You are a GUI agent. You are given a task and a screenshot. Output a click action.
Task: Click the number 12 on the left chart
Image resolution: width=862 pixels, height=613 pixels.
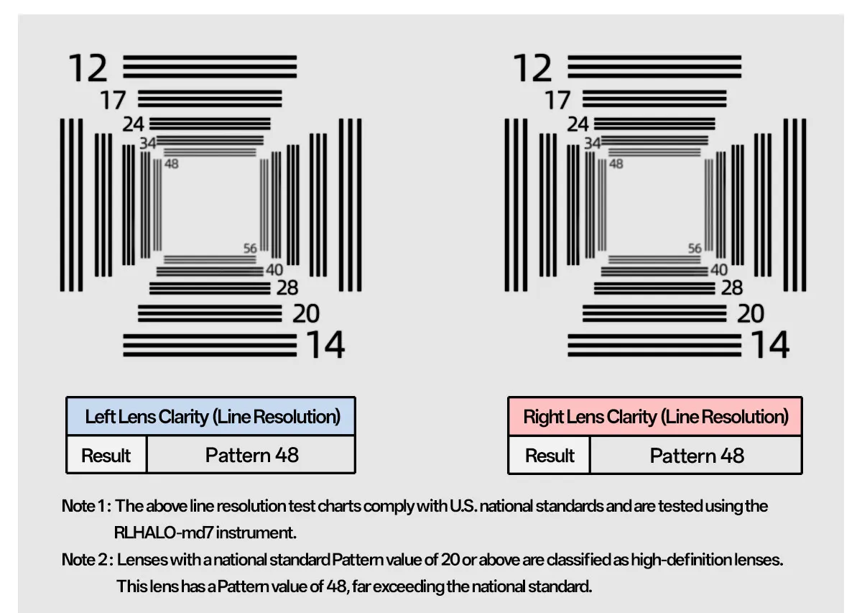(88, 68)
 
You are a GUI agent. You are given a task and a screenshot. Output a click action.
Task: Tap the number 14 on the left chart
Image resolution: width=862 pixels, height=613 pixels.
(325, 345)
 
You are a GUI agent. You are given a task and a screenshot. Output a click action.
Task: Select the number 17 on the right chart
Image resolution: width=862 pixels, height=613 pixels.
(557, 100)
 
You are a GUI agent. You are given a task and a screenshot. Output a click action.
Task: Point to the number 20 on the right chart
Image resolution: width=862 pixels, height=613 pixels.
(750, 314)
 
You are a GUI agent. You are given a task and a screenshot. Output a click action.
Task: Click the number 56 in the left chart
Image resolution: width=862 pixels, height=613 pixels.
(250, 249)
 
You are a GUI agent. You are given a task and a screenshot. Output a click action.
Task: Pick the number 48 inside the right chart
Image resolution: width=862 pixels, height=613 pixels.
(616, 164)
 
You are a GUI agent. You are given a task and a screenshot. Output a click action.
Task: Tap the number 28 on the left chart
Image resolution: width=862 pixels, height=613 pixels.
(287, 288)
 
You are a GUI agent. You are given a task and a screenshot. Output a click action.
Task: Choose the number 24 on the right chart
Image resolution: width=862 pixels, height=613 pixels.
(578, 124)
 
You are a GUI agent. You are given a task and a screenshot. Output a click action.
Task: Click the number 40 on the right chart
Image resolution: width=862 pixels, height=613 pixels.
(718, 270)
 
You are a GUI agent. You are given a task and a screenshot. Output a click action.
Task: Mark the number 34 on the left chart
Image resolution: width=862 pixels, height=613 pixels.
(148, 144)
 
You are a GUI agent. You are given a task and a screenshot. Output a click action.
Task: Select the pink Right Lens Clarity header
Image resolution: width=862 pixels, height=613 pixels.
(655, 417)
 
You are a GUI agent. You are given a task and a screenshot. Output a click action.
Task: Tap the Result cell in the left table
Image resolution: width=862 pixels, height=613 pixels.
(106, 456)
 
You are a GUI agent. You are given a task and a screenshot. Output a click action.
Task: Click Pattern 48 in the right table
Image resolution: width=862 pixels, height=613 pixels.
(697, 456)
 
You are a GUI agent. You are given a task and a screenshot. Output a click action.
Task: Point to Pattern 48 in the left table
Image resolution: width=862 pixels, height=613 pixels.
(251, 455)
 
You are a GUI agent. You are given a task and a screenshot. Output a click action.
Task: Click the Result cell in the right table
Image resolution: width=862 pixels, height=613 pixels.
(550, 456)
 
